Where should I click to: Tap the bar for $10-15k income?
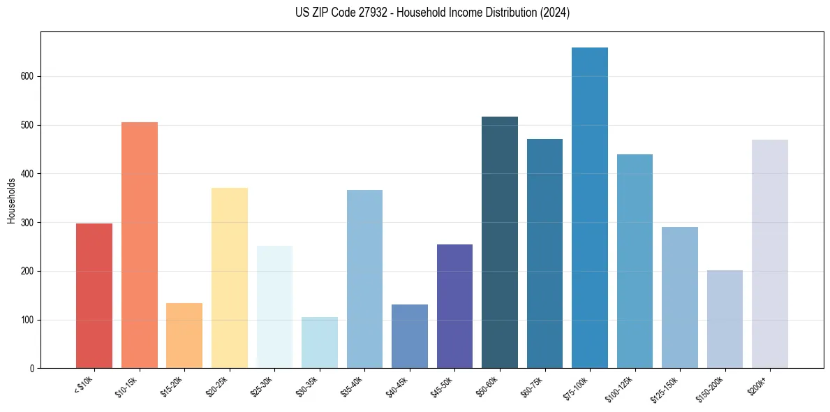point(140,245)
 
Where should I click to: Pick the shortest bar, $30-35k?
point(320,342)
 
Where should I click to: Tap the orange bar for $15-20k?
point(184,335)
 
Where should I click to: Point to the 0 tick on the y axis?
point(32,369)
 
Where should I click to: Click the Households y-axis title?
point(12,200)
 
